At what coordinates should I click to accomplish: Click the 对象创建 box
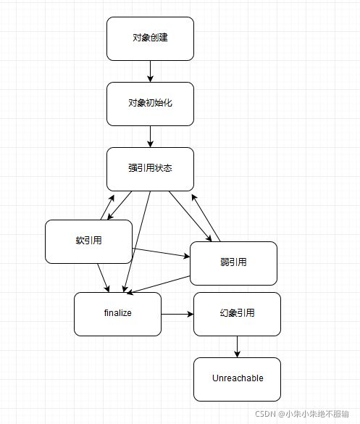coord(150,38)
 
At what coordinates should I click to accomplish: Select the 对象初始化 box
coord(150,104)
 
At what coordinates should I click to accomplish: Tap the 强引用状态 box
coord(150,170)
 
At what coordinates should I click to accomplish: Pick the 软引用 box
coord(88,241)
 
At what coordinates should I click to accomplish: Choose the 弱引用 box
coord(233,263)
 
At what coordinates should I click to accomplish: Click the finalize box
coord(117,314)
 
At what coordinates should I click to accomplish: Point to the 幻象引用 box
coord(237,314)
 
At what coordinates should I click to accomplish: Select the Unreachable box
coord(237,379)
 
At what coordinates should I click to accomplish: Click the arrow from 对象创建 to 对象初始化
coord(150,71)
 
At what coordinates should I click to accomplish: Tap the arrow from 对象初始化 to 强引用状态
coord(150,136)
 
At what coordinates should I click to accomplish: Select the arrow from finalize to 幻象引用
coord(177,314)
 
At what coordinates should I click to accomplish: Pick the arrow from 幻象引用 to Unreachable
coord(237,346)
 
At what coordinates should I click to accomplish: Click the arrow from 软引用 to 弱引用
coord(161,252)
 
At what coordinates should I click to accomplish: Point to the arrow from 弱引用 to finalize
coord(158,285)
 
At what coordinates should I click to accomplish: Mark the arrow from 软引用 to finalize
coord(104,278)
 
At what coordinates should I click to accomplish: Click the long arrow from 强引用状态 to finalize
coord(137,241)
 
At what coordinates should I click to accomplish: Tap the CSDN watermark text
coord(302,414)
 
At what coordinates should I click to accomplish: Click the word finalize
coord(118,313)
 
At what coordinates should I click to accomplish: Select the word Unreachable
coord(238,378)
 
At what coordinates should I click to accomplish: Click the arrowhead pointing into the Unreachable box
coord(237,354)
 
